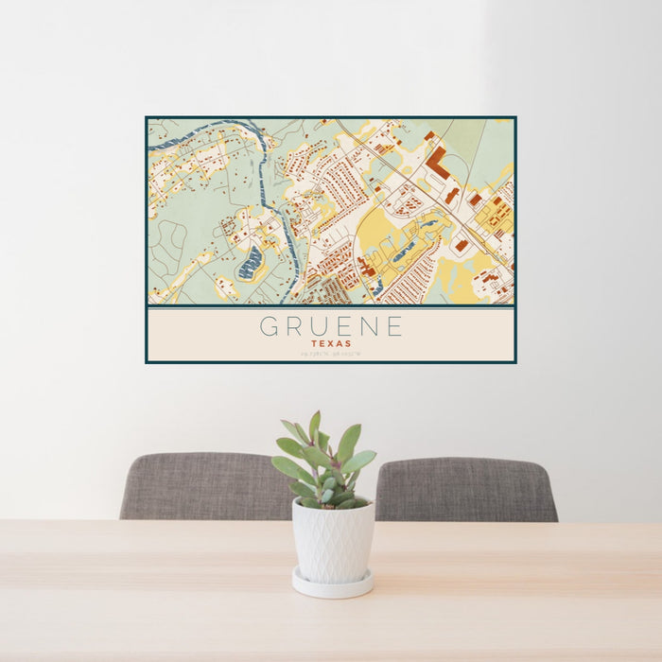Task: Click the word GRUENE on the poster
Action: pos(331,327)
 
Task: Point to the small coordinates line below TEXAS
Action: pos(331,355)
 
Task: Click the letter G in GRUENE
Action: pos(270,327)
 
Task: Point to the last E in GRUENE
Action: pos(393,327)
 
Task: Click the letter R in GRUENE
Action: pos(294,327)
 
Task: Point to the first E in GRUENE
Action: pos(343,327)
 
